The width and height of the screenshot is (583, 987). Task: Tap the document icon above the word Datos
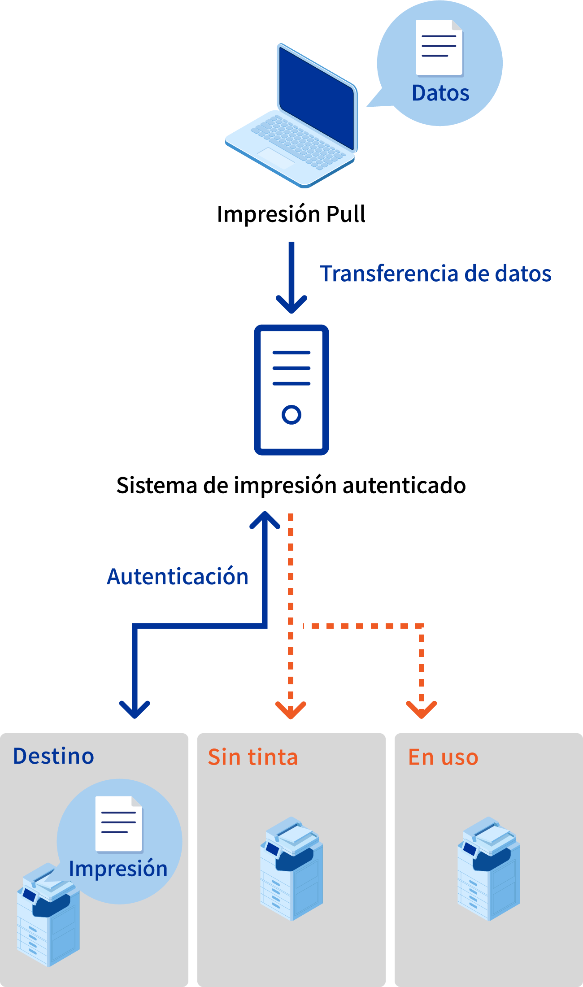[439, 48]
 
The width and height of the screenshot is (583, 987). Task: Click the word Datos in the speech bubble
[440, 93]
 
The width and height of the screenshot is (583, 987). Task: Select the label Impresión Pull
[291, 214]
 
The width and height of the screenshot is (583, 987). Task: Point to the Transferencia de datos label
[435, 274]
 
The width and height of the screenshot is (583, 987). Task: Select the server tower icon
[291, 389]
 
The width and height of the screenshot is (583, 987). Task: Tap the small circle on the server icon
[291, 414]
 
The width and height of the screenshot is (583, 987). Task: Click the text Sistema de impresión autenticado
[291, 485]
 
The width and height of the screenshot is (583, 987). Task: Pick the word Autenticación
[178, 577]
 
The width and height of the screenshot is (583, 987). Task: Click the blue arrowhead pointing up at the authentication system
[265, 520]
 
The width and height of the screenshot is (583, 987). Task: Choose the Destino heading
[54, 756]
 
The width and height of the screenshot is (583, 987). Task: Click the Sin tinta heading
[253, 757]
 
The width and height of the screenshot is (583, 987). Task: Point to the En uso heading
[443, 757]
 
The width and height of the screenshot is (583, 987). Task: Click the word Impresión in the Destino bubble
[118, 869]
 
